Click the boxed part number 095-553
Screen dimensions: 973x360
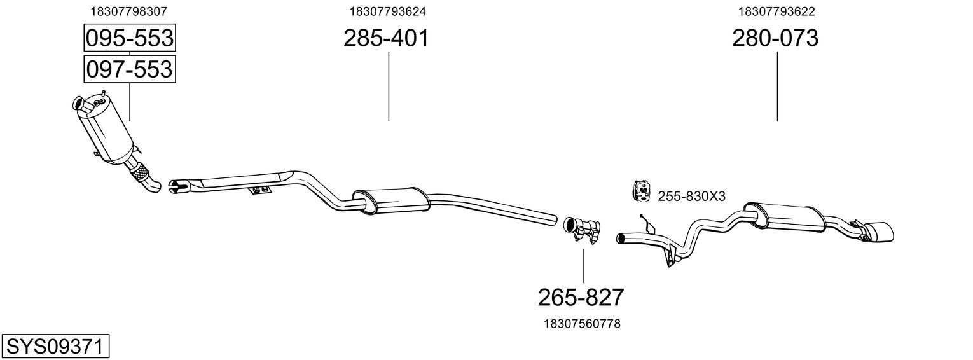pos(130,38)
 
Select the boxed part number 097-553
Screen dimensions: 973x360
pos(130,69)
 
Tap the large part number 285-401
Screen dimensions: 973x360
pos(386,38)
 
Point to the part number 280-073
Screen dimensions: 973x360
pos(775,38)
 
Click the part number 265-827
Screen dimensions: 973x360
pos(581,298)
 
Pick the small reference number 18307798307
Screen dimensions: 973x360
pos(128,11)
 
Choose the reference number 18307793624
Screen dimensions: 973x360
pos(388,11)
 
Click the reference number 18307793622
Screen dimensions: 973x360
pos(776,11)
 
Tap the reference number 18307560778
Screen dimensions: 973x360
pos(582,324)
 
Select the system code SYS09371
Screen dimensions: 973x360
pos(55,347)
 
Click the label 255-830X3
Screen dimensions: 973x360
pos(691,197)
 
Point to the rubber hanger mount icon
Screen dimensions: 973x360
pos(640,191)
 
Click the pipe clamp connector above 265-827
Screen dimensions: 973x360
pos(582,230)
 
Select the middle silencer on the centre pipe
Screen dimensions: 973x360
pos(390,201)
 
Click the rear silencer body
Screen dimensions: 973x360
pos(784,217)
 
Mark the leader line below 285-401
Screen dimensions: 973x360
pos(389,87)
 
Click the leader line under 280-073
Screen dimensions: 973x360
pos(777,87)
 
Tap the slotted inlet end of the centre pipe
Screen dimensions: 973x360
pos(178,187)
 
